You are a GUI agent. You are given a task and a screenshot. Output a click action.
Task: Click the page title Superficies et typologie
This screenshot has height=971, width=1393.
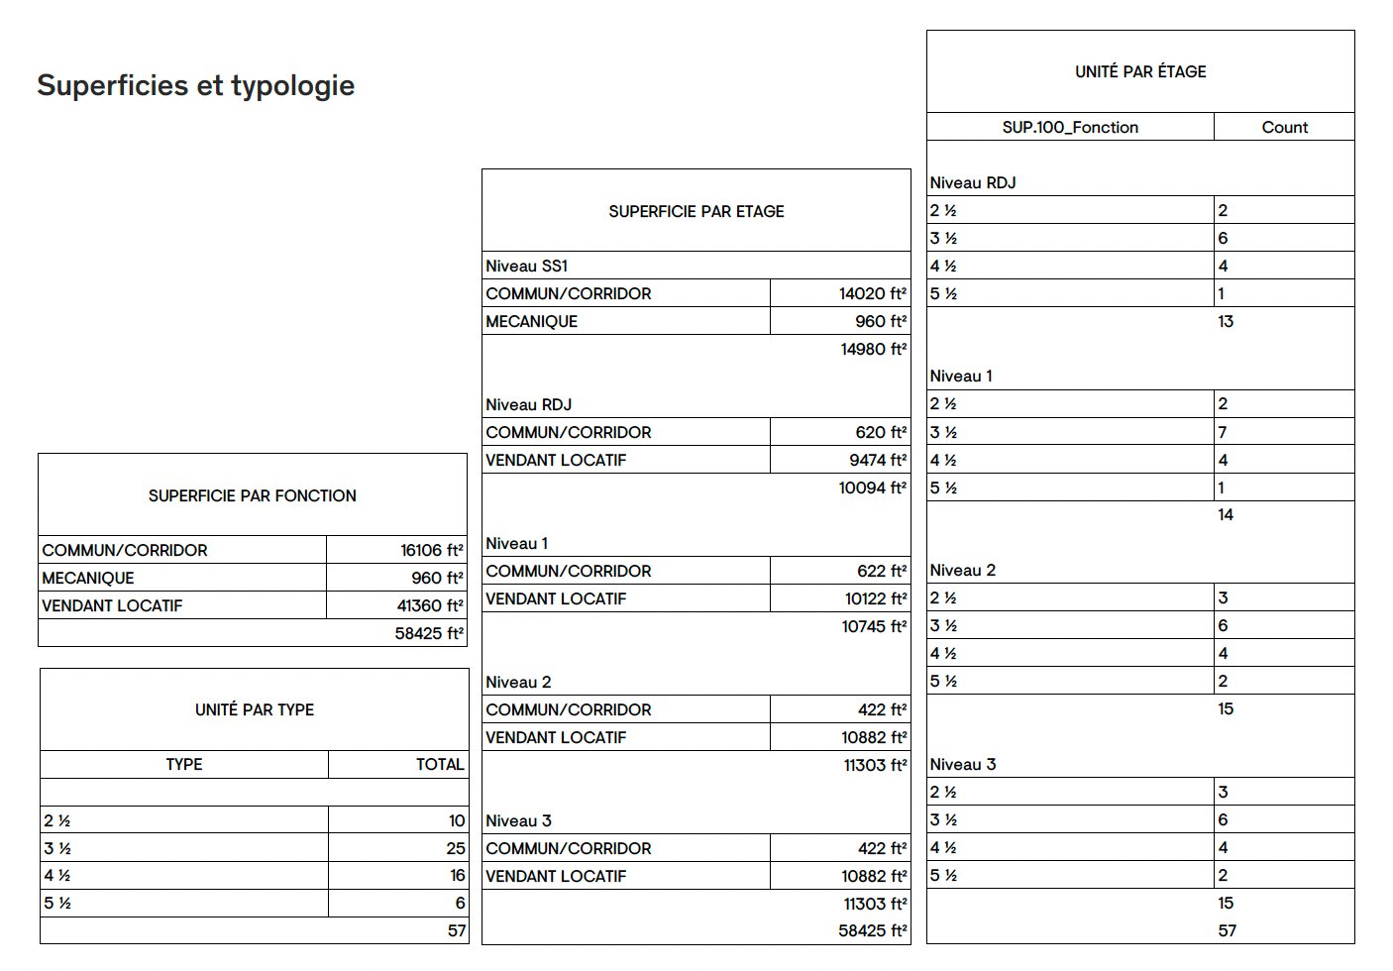(195, 86)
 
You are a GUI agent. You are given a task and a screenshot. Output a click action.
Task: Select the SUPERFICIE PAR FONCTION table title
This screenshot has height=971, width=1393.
(252, 495)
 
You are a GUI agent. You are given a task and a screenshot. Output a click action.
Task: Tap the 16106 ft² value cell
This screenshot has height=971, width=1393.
(431, 551)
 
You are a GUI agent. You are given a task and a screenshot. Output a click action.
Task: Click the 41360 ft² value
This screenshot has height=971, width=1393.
(430, 606)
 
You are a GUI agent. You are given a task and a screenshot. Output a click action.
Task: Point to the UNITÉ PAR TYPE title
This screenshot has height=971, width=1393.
(254, 709)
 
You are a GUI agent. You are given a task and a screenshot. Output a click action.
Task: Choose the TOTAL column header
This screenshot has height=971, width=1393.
(439, 765)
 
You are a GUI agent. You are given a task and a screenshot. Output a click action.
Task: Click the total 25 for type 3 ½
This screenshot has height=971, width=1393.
(455, 848)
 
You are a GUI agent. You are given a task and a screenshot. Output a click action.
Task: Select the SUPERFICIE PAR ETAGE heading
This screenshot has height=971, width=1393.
(696, 211)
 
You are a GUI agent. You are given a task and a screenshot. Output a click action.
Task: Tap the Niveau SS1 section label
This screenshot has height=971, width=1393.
(526, 266)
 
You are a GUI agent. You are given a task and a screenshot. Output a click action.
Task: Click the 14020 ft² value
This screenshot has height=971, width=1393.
(872, 293)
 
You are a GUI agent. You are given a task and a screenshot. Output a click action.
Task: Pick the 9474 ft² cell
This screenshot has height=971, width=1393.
(877, 460)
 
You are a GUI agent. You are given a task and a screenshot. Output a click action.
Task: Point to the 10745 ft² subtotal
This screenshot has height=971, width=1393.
(874, 626)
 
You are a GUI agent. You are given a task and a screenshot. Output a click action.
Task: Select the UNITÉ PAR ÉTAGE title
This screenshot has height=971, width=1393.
(1140, 71)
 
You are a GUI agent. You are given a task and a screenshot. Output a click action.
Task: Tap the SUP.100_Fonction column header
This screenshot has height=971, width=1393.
(1070, 127)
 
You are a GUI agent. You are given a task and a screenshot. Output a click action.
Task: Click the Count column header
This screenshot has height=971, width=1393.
(1284, 127)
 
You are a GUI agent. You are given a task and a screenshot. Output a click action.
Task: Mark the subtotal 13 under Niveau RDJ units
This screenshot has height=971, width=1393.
(1226, 321)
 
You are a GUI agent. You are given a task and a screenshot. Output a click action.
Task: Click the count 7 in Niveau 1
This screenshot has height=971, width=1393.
(1223, 432)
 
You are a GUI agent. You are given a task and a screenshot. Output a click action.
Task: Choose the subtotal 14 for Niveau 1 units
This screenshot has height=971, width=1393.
(1226, 514)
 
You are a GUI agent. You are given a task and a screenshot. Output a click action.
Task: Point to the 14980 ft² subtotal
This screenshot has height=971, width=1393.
(873, 349)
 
